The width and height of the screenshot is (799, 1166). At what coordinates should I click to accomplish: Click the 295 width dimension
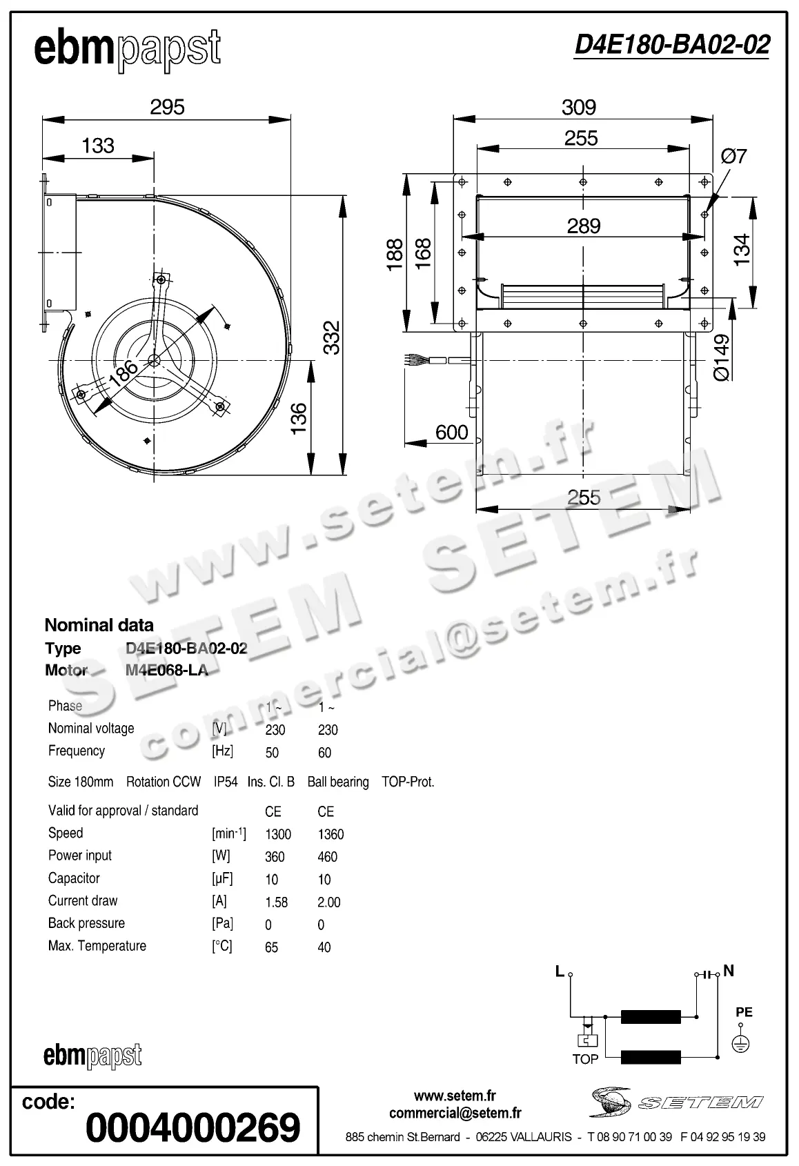168,107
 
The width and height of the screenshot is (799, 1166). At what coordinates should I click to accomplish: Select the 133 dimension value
98,146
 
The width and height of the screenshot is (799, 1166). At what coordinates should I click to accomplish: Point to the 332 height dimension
332,337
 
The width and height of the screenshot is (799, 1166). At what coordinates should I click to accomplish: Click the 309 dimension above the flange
578,107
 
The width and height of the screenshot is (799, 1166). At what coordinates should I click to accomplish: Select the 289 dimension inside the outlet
584,226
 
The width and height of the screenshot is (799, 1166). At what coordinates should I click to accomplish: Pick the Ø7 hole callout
734,157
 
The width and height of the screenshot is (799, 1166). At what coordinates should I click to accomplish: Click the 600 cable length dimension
452,432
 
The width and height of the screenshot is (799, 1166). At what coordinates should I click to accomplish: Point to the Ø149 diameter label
721,357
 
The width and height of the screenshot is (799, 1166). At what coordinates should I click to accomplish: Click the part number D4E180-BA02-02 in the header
672,46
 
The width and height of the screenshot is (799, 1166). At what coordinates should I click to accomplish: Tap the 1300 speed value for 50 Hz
278,834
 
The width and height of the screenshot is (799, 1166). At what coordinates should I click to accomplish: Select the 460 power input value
327,857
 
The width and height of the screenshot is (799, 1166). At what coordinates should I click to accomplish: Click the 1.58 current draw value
276,902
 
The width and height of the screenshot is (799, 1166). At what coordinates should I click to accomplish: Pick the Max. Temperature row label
97,946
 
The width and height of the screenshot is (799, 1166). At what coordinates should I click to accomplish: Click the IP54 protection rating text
226,782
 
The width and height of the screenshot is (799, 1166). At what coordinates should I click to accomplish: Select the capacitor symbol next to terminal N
707,974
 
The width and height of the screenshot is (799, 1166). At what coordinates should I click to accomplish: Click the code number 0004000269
193,1128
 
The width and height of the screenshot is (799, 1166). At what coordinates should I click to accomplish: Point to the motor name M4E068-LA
166,670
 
